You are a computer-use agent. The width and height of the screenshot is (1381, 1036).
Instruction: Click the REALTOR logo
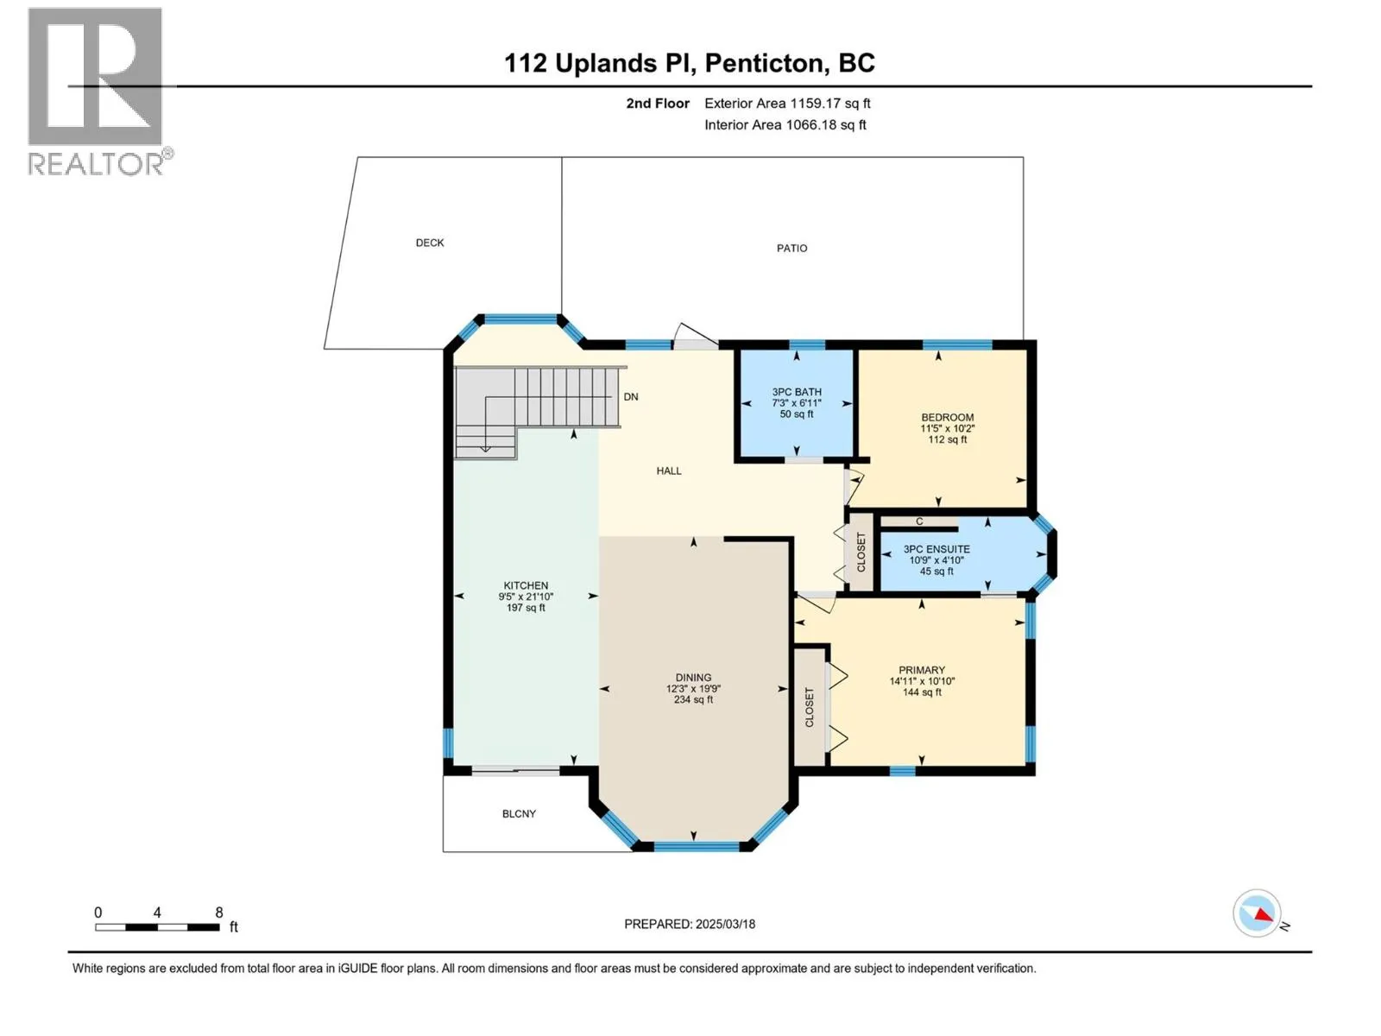pyautogui.click(x=99, y=92)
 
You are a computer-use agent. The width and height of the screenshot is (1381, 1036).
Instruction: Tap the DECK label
pyautogui.click(x=430, y=243)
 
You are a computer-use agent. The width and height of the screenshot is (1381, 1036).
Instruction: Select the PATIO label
pyautogui.click(x=791, y=249)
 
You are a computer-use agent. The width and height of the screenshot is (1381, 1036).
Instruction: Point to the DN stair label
pyautogui.click(x=630, y=397)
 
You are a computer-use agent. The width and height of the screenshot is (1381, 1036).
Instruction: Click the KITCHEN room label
pyautogui.click(x=526, y=585)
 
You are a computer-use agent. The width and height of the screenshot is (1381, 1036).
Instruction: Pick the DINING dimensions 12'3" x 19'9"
pyautogui.click(x=693, y=689)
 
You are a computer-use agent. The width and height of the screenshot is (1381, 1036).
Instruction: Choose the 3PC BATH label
pyautogui.click(x=797, y=392)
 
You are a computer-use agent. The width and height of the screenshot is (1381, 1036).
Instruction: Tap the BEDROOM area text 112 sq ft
pyautogui.click(x=948, y=439)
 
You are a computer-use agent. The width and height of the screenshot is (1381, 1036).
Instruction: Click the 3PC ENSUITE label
pyautogui.click(x=936, y=549)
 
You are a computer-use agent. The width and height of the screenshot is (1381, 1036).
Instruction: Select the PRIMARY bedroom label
pyautogui.click(x=922, y=670)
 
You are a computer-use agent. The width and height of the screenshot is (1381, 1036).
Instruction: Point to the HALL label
pyautogui.click(x=669, y=471)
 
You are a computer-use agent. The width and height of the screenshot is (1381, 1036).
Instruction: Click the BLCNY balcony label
pyautogui.click(x=519, y=814)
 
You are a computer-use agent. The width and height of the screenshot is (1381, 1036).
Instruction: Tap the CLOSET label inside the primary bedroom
pyautogui.click(x=809, y=707)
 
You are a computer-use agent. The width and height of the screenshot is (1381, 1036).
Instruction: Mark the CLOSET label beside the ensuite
pyautogui.click(x=861, y=553)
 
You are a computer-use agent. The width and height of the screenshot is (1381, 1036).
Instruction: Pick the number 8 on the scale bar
pyautogui.click(x=219, y=913)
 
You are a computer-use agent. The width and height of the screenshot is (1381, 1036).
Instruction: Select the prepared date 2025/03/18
pyautogui.click(x=725, y=924)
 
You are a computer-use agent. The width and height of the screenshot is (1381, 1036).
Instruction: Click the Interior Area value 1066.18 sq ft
pyautogui.click(x=825, y=124)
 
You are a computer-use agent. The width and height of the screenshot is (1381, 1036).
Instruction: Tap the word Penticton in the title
pyautogui.click(x=764, y=63)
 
